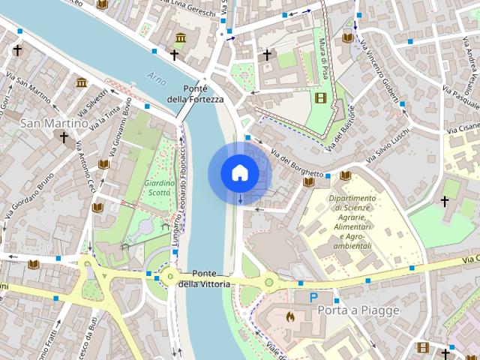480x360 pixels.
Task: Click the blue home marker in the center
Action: coord(239,173)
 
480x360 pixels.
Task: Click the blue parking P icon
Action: coord(313,298)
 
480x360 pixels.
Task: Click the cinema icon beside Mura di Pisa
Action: coord(321,98)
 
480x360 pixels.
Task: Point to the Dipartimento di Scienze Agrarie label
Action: coord(349,222)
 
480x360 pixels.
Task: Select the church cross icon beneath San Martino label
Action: coord(64,138)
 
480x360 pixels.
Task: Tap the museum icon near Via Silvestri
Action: coord(81,82)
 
